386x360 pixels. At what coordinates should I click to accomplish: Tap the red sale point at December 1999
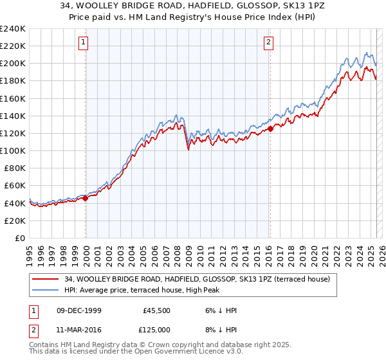86,198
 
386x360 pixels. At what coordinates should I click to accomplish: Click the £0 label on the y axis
19,238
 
